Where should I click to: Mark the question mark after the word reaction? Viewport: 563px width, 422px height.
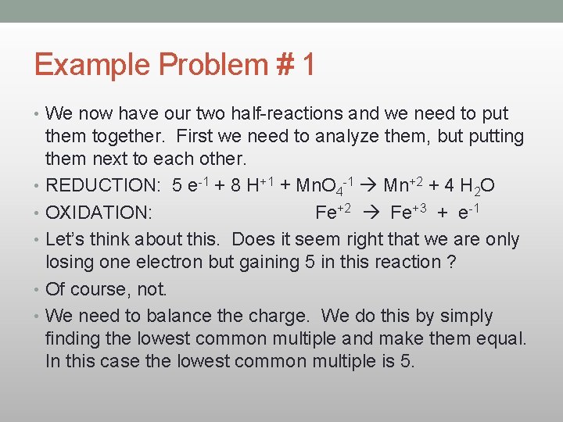coord(451,262)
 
